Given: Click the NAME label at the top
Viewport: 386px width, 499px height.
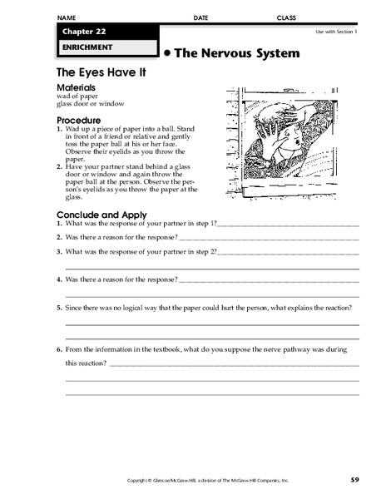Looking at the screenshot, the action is [67, 17].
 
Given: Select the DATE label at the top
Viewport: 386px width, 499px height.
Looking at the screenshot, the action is [200, 17].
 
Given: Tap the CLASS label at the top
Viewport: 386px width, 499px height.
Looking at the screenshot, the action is [285, 17].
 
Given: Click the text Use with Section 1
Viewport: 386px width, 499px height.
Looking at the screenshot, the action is [335, 32].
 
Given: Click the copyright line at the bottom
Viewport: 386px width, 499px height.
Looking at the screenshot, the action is [195, 481].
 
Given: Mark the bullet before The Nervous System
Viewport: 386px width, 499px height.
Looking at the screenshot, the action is [167, 52].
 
